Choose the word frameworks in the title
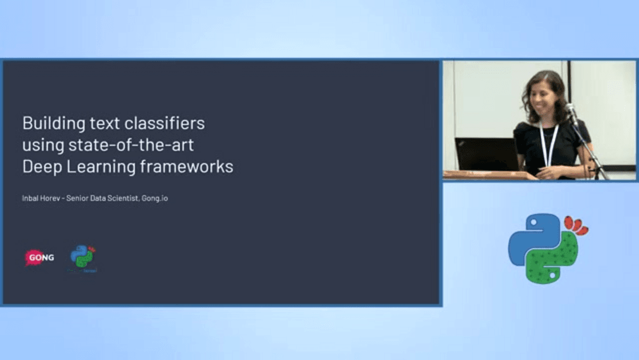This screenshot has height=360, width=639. pos(187,167)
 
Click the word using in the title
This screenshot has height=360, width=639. pos(41,146)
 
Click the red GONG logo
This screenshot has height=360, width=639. pos(39,258)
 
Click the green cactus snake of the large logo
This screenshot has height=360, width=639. pos(553,261)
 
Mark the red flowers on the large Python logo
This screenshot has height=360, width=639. pos(576,226)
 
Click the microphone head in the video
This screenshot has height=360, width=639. pos(570,109)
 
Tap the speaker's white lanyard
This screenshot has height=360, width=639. pos(549,142)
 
